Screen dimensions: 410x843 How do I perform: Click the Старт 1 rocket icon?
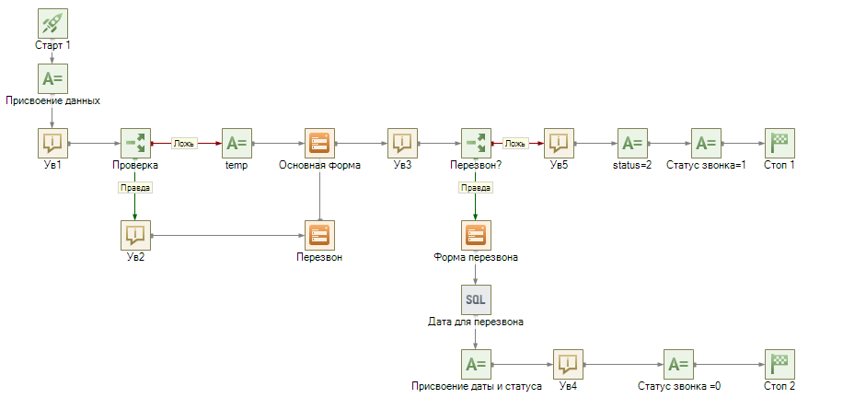(x=52, y=24)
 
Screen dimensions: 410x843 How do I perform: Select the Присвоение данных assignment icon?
(x=52, y=78)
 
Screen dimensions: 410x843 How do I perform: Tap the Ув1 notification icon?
(x=52, y=143)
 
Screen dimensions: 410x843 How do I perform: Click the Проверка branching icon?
(x=135, y=143)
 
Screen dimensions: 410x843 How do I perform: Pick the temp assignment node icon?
(x=237, y=143)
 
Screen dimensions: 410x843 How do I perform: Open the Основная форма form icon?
(x=319, y=143)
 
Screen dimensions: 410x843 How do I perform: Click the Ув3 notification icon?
(x=402, y=143)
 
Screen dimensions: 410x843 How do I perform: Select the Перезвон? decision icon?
(x=476, y=143)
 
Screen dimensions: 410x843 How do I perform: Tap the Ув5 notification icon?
(x=559, y=143)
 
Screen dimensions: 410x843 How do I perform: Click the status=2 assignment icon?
(x=632, y=143)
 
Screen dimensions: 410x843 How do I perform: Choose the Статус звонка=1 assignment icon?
(x=706, y=143)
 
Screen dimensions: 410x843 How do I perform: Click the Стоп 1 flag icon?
(x=779, y=143)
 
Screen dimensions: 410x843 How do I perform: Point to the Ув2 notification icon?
(x=135, y=235)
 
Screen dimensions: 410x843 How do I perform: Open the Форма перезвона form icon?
(x=476, y=235)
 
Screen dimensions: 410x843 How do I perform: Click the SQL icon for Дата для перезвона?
(x=476, y=299)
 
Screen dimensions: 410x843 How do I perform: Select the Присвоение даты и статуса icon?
(x=476, y=364)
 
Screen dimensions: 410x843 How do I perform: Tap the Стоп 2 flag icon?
(x=779, y=364)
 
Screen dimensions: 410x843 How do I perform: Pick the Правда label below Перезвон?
(x=476, y=187)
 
